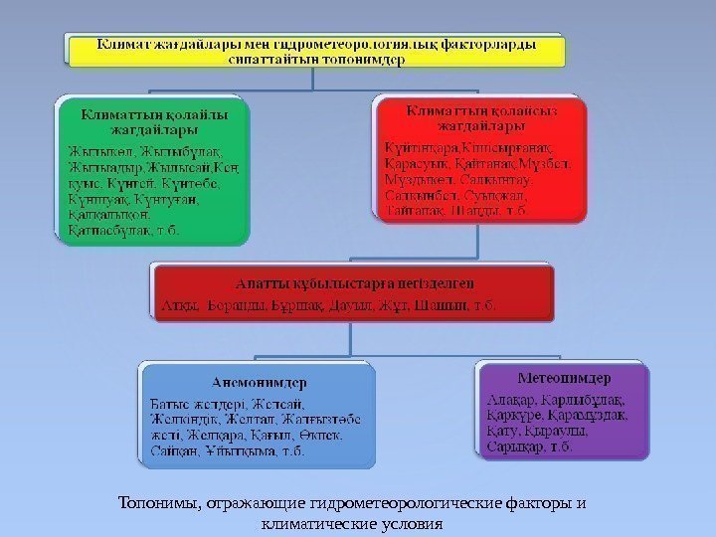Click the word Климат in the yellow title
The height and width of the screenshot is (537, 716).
tap(125, 45)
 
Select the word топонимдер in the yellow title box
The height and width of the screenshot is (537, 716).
tap(365, 59)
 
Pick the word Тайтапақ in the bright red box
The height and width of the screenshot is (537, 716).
tap(416, 211)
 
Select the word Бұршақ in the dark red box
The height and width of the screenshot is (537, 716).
tap(297, 303)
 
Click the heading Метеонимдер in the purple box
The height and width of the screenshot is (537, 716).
tap(564, 379)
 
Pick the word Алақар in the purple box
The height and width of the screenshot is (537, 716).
tap(509, 401)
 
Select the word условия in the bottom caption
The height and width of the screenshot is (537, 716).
tap(408, 522)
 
